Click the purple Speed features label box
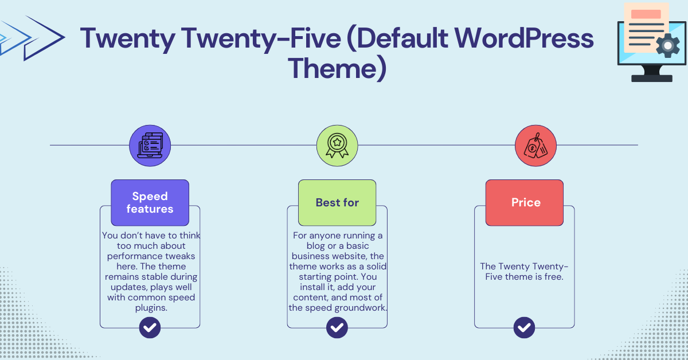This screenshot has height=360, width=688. coord(150,202)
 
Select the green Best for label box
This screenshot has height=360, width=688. coord(337,202)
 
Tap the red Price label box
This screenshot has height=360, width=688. coord(525,202)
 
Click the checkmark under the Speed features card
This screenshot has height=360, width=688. coord(150,328)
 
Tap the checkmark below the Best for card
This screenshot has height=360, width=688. coord(337,328)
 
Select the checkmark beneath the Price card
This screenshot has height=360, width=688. coord(524,328)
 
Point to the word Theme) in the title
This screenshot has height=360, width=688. coord(337,68)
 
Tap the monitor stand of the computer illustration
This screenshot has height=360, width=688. coord(651,75)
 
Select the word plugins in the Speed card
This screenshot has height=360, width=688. coord(150,308)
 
